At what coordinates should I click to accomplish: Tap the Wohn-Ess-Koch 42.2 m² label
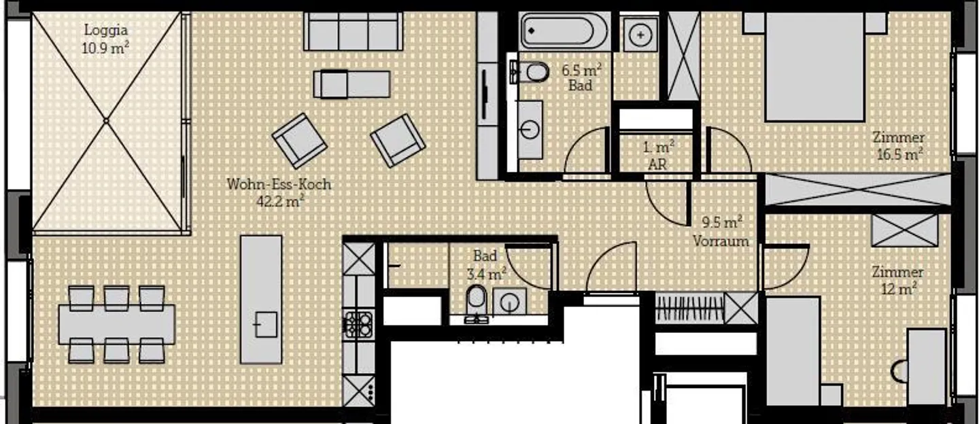pyautogui.click(x=279, y=192)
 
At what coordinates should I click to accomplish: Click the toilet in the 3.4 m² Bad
pyautogui.click(x=476, y=299)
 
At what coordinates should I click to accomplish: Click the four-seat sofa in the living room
pyautogui.click(x=353, y=31)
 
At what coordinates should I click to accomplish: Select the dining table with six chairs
pyautogui.click(x=116, y=324)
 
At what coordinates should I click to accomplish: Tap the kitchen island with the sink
pyautogui.click(x=262, y=299)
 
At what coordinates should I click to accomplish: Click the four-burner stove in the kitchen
pyautogui.click(x=358, y=323)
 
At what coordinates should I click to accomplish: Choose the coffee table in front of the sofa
pyautogui.click(x=351, y=84)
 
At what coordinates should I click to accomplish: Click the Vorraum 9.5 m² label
pyautogui.click(x=721, y=231)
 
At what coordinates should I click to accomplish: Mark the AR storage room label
pyautogui.click(x=658, y=154)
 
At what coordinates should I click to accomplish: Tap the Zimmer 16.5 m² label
pyautogui.click(x=899, y=145)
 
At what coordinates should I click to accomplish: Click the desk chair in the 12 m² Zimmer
pyautogui.click(x=901, y=371)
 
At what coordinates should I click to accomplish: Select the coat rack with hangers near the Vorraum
pyautogui.click(x=689, y=308)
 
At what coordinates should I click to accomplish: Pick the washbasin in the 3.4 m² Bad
pyautogui.click(x=509, y=301)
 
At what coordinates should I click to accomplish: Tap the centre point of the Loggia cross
pyautogui.click(x=106, y=121)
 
